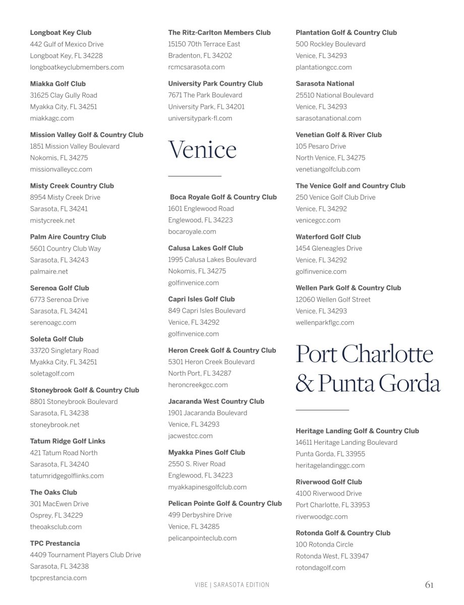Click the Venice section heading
pyautogui.click(x=202, y=150)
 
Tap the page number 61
pyautogui.click(x=429, y=585)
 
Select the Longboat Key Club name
pyautogui.click(x=61, y=33)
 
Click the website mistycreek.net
pyautogui.click(x=52, y=220)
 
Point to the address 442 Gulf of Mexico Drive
pyautogui.click(x=67, y=44)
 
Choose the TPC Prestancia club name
pyautogui.click(x=55, y=543)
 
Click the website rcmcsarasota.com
pyautogui.click(x=196, y=67)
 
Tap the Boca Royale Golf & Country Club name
pyautogui.click(x=223, y=197)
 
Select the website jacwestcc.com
pyautogui.click(x=190, y=436)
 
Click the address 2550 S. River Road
pyautogui.click(x=197, y=464)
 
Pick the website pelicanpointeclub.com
pyautogui.click(x=202, y=538)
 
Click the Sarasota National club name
pyautogui.click(x=325, y=84)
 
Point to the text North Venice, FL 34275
pyautogui.click(x=330, y=158)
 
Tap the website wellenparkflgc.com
pyautogui.click(x=325, y=322)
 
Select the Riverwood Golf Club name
pyautogui.click(x=329, y=482)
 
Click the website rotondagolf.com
pyautogui.click(x=320, y=567)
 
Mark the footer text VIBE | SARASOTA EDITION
pyautogui.click(x=232, y=585)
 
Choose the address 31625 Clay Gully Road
pyautogui.click(x=64, y=95)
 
